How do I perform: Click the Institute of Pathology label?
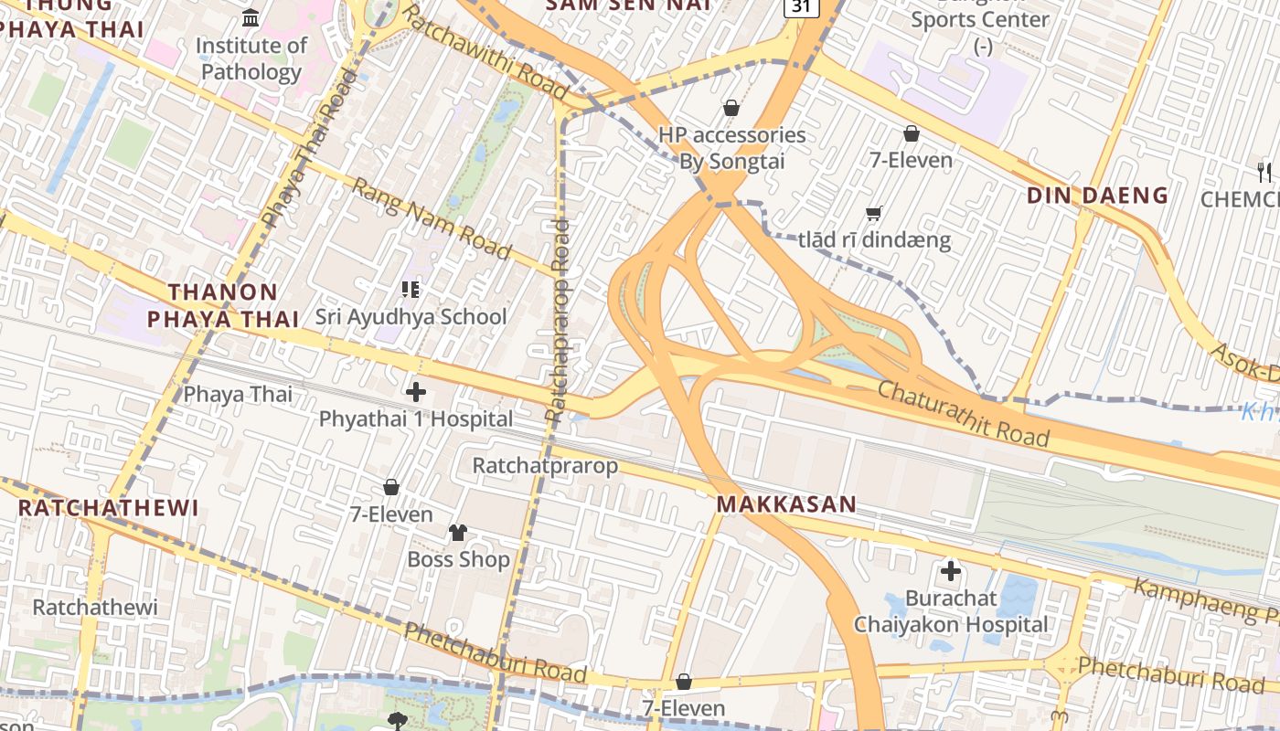[x=251, y=58]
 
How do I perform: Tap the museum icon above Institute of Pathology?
[x=251, y=17]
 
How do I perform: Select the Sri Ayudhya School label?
[x=411, y=317]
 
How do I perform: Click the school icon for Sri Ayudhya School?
[x=411, y=290]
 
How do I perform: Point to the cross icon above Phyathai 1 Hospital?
[x=416, y=393]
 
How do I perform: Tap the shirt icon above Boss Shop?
[x=458, y=532]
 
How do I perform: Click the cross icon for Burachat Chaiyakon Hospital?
[x=951, y=572]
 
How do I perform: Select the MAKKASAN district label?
[x=786, y=503]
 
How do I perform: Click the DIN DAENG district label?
[x=1097, y=195]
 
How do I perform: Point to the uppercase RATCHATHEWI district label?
[x=108, y=508]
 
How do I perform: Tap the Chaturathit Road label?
[x=963, y=413]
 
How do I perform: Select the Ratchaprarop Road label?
[x=557, y=320]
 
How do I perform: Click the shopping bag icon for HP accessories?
[x=731, y=109]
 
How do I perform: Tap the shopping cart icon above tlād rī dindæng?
[x=873, y=214]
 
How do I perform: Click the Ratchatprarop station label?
[x=545, y=465]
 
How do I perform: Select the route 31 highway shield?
[x=801, y=6]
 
